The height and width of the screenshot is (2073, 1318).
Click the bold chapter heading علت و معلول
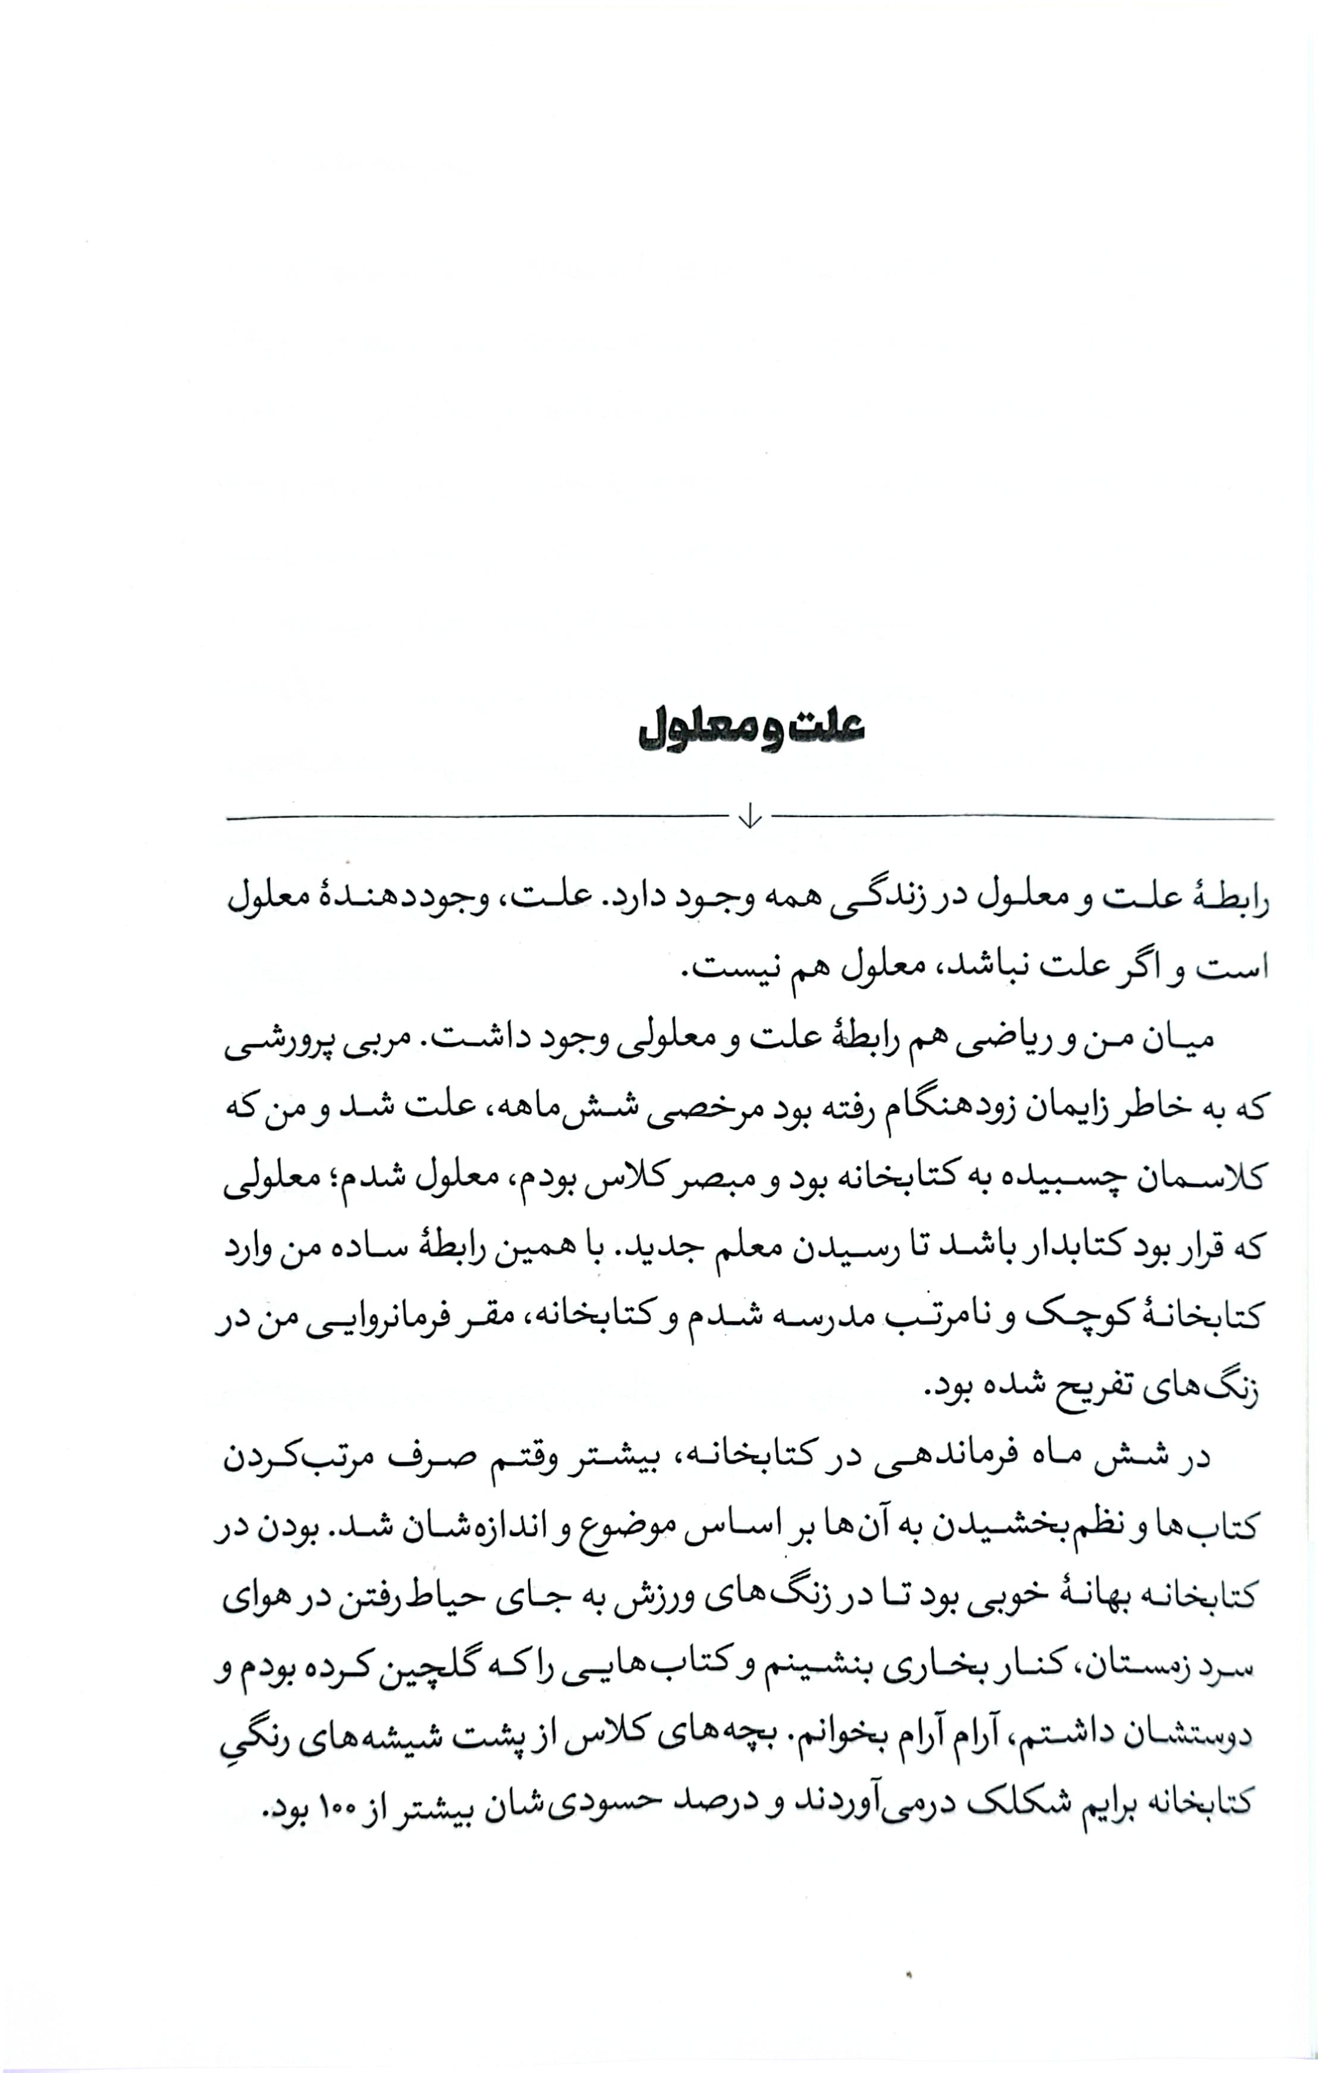(x=750, y=731)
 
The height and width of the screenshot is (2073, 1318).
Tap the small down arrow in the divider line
(x=750, y=815)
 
